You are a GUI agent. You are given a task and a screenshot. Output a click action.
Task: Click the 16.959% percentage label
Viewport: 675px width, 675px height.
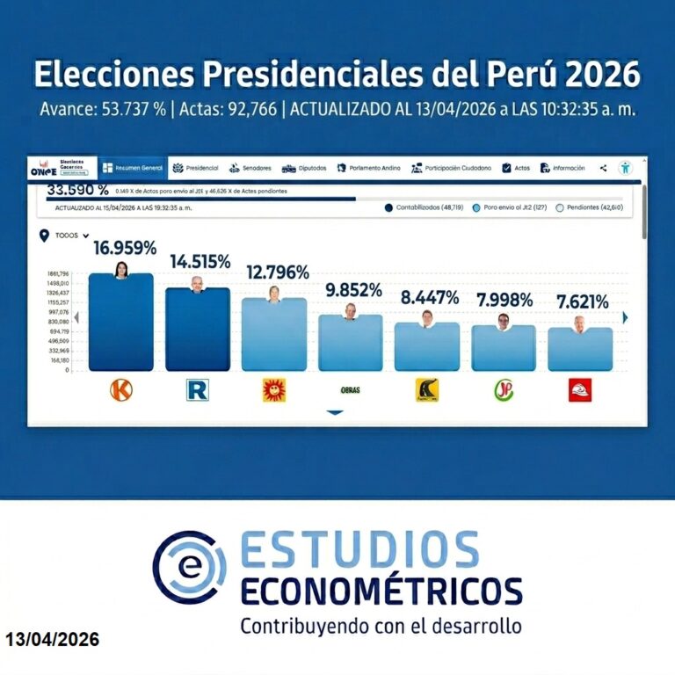[x=125, y=248]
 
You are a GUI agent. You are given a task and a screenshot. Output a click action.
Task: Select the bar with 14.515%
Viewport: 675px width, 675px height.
[x=198, y=330]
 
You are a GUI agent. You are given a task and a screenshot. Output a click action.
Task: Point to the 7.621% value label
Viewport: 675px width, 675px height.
[x=582, y=302]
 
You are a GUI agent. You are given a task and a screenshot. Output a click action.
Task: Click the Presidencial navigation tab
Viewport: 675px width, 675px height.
[x=196, y=168]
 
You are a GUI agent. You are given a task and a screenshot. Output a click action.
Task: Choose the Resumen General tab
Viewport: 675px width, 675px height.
[x=133, y=168]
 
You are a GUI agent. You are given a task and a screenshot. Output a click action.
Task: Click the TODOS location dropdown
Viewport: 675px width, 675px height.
[x=70, y=236]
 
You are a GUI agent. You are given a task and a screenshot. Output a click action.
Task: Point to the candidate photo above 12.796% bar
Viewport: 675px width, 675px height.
[x=274, y=294]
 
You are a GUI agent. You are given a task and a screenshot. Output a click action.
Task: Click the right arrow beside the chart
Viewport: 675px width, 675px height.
[x=625, y=317]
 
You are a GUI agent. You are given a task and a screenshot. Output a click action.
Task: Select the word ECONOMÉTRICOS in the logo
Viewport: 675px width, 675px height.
[x=381, y=590]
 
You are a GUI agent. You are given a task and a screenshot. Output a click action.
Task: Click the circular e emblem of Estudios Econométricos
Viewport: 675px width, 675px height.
[x=188, y=567]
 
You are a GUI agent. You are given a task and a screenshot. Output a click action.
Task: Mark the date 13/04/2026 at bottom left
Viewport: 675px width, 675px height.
[x=52, y=640]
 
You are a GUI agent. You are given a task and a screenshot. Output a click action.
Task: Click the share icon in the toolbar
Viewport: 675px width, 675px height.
[x=604, y=168]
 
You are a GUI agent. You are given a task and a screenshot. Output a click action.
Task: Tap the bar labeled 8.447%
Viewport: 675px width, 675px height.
[x=426, y=347]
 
